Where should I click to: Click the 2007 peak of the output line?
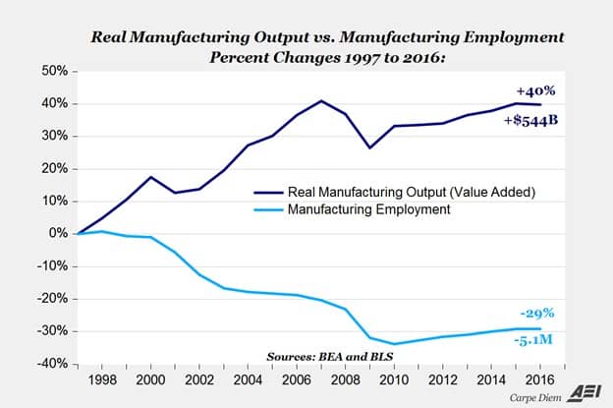click(x=321, y=100)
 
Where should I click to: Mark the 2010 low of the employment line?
click(x=395, y=344)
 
